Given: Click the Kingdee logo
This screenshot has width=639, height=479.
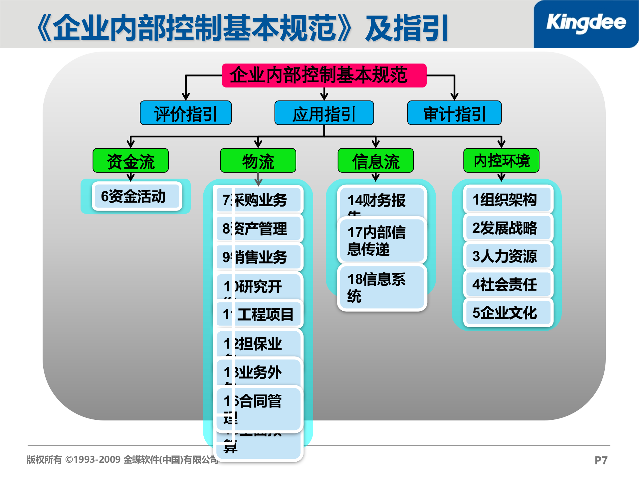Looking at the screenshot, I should (586, 23).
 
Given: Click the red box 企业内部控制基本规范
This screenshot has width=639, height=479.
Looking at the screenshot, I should (324, 76).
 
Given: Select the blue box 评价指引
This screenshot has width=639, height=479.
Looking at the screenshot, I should (186, 113).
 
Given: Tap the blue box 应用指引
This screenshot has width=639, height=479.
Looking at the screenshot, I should (324, 113).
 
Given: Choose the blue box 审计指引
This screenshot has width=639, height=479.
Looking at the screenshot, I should (454, 113).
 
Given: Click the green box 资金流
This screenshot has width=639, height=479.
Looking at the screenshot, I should (130, 161).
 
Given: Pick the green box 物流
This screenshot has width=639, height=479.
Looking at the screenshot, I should (258, 161).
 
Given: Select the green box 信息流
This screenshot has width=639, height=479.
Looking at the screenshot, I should (375, 161).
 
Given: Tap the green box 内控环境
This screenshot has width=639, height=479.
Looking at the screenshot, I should (501, 161).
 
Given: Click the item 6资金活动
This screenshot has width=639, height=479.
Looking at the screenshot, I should (137, 196).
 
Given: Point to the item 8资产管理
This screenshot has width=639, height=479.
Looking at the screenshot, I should (259, 229).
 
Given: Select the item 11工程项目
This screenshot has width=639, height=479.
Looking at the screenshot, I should (259, 314).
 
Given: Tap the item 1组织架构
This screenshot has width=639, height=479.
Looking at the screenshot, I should (508, 200).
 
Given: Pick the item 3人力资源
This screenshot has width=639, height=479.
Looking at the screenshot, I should (508, 256).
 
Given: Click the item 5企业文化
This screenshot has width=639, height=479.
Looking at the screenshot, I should (508, 313).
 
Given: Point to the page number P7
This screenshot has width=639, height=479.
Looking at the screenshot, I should (601, 460).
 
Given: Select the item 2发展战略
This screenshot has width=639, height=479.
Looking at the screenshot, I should (508, 228).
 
